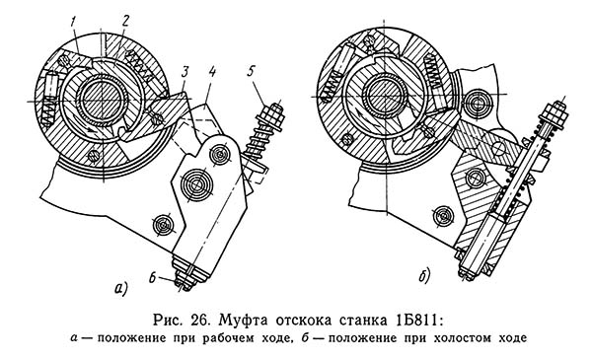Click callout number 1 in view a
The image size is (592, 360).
(x=73, y=24)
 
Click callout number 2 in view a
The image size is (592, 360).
(x=125, y=22)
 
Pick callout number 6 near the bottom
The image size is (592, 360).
(x=153, y=278)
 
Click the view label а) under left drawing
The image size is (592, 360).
(x=121, y=288)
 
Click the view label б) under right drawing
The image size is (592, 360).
(x=424, y=276)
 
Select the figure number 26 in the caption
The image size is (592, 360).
(x=200, y=321)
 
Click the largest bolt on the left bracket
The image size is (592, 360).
(x=196, y=184)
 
